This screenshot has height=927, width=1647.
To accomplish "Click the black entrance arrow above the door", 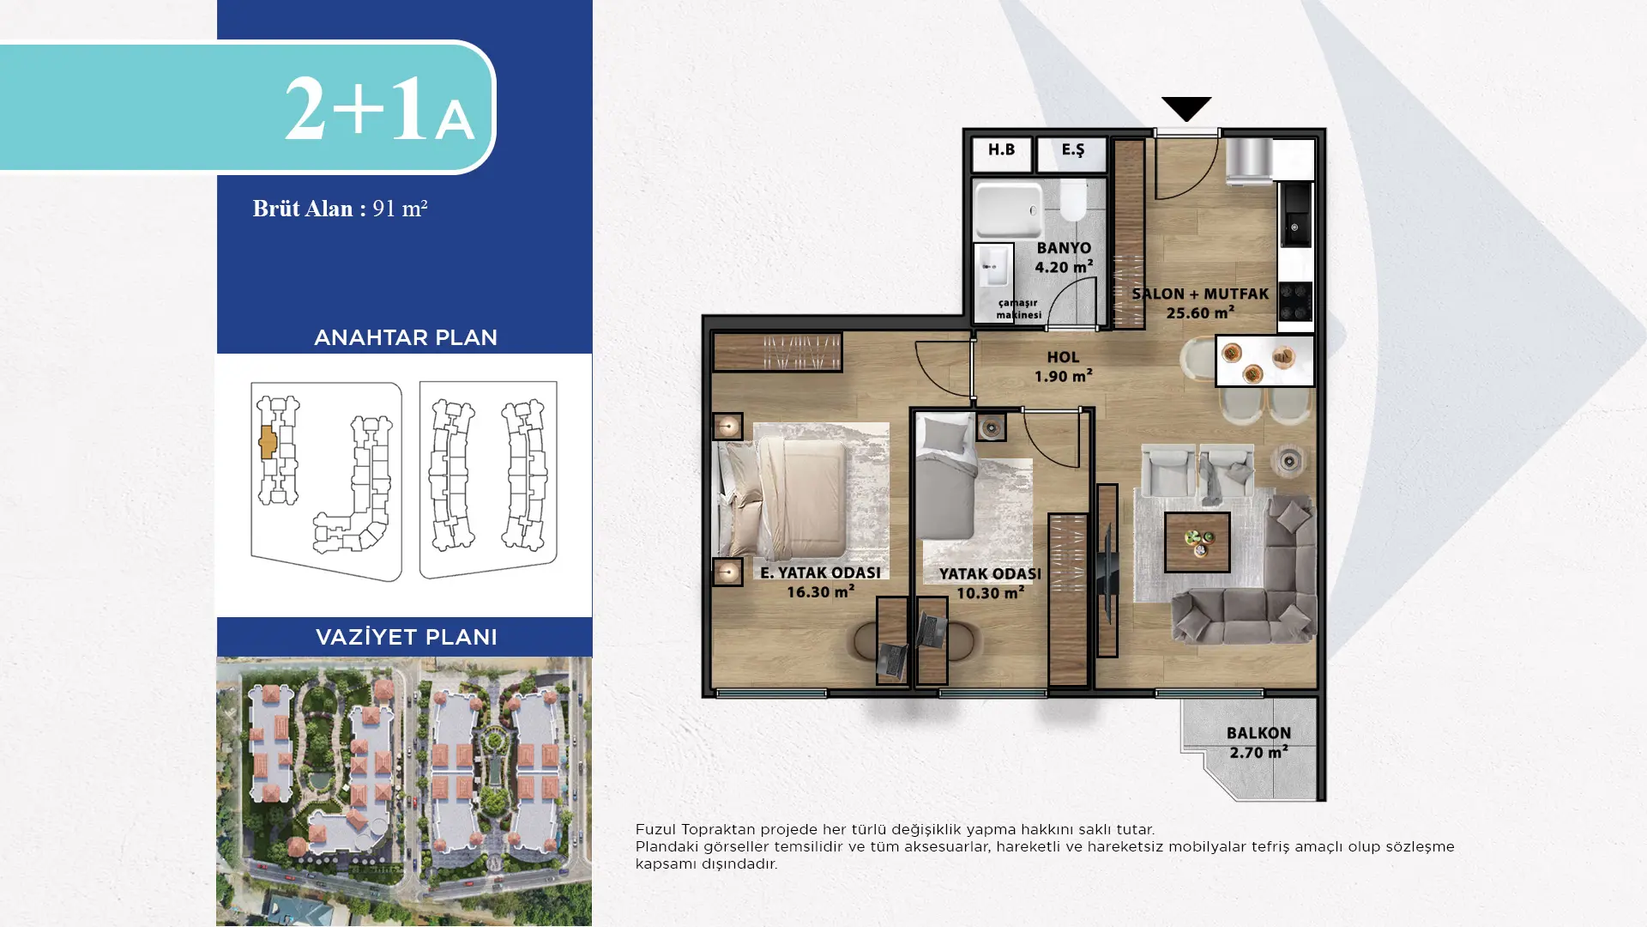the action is click(1186, 108).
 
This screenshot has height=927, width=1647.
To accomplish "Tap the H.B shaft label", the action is click(1001, 150).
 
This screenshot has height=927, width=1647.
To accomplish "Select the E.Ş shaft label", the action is click(1072, 150).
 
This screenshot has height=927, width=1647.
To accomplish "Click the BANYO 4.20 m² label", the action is click(1064, 257).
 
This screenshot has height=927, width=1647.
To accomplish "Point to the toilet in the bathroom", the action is click(1072, 200).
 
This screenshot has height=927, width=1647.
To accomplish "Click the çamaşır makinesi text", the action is click(1018, 309).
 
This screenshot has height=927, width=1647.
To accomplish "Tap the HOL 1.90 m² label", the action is click(1063, 367).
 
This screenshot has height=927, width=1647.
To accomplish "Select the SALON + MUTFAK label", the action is click(1200, 294).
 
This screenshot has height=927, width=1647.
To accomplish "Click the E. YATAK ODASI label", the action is click(820, 573).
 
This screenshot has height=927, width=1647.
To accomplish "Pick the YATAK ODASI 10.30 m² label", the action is click(990, 583).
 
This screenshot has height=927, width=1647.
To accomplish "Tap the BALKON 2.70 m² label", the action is click(1258, 742).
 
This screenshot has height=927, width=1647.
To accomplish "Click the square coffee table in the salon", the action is click(1198, 542).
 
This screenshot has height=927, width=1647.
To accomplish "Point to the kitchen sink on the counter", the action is click(1295, 215).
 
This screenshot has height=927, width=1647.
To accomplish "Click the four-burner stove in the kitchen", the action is click(1295, 301).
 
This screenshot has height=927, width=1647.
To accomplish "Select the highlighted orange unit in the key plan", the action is click(268, 442).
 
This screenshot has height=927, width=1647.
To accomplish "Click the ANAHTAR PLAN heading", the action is click(406, 337).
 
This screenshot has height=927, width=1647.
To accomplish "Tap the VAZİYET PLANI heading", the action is click(406, 637).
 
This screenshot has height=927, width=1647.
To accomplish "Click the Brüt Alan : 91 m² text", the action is click(340, 209).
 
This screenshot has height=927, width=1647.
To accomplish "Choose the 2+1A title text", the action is click(379, 108).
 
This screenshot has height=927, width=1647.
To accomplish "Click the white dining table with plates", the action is click(1264, 360).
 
